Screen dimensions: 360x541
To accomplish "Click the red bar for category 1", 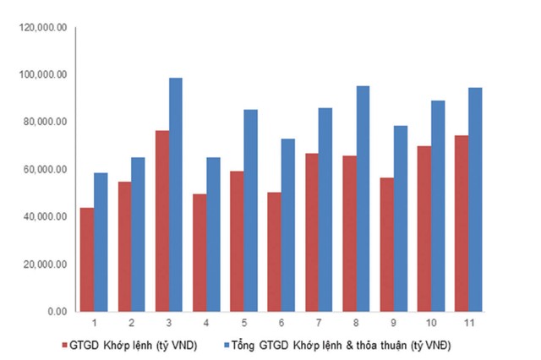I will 87,259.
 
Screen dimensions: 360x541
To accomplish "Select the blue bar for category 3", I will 175,194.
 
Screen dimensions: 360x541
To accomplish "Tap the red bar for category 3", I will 161,221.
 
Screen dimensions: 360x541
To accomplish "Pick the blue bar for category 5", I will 250,210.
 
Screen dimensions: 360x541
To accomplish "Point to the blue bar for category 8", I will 363,199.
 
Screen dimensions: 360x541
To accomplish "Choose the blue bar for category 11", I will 474,199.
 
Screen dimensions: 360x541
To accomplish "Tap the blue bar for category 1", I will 101,242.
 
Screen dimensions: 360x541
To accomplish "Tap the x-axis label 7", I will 318,324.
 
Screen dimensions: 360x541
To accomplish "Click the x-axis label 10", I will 430,324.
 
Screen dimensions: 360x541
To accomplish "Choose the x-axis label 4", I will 205,324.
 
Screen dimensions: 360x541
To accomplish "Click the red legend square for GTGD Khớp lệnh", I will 65,346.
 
